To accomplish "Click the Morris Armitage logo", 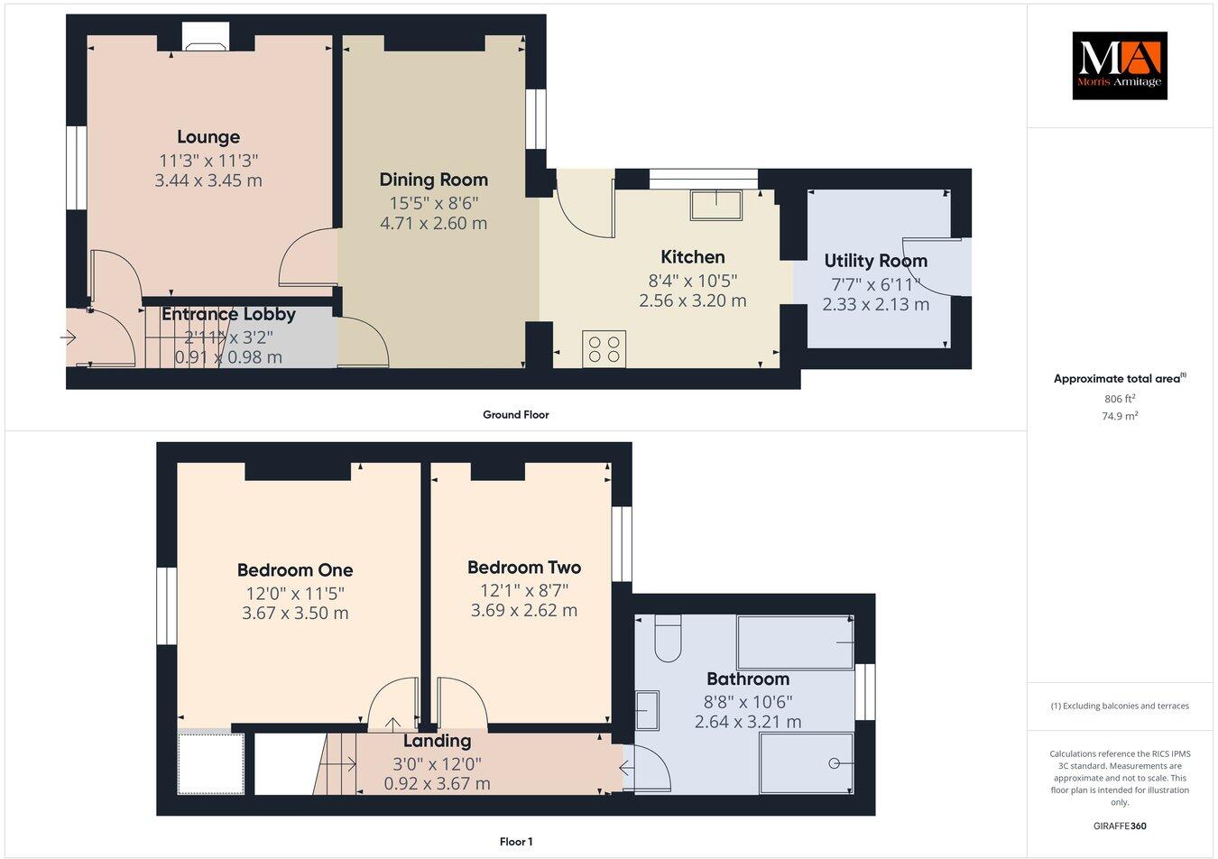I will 1119,66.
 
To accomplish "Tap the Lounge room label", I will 208,137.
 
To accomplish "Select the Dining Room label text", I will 433,180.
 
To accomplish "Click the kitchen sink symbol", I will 715,206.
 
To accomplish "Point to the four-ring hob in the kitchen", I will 604,349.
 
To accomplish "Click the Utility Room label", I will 875,261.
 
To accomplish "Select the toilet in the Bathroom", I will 668,636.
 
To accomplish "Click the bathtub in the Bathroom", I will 795,642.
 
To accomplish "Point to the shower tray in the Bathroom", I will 807,763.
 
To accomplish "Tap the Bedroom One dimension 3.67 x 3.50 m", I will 295,614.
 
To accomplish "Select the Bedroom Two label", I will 524,568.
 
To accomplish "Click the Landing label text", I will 437,741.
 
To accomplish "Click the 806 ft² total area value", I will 1120,398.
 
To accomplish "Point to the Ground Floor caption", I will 515,415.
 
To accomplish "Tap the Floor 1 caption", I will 516,842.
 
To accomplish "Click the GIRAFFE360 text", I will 1120,825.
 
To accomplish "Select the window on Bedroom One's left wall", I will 166,605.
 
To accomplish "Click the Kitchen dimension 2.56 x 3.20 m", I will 692,300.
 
